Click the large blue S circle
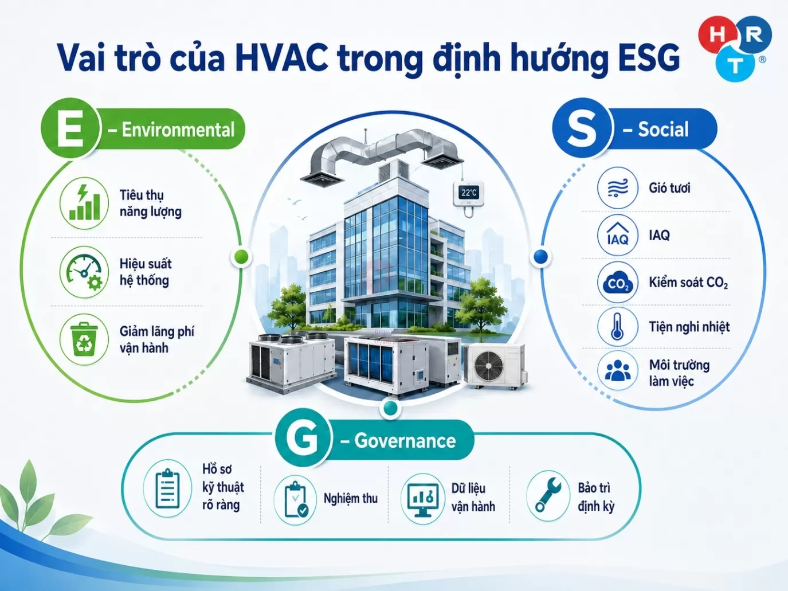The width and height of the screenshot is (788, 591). pyautogui.click(x=581, y=128)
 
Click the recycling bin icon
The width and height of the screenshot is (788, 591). pyautogui.click(x=84, y=339)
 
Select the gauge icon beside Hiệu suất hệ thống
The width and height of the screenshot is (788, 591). pyautogui.click(x=84, y=271)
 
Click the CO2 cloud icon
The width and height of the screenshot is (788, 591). pyautogui.click(x=617, y=283)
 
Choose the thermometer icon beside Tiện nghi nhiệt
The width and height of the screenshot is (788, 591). pyautogui.click(x=617, y=327)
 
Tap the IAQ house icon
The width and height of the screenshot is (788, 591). pyautogui.click(x=617, y=235)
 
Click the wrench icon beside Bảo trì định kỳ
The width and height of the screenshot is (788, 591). pyautogui.click(x=548, y=496)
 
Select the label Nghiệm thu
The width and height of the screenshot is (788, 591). pyautogui.click(x=351, y=498)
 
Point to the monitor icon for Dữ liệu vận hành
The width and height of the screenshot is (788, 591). pyautogui.click(x=423, y=499)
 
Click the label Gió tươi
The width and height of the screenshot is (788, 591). pyautogui.click(x=669, y=188)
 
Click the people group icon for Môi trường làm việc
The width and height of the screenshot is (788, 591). pyautogui.click(x=617, y=370)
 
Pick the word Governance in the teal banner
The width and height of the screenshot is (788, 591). pyautogui.click(x=405, y=441)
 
